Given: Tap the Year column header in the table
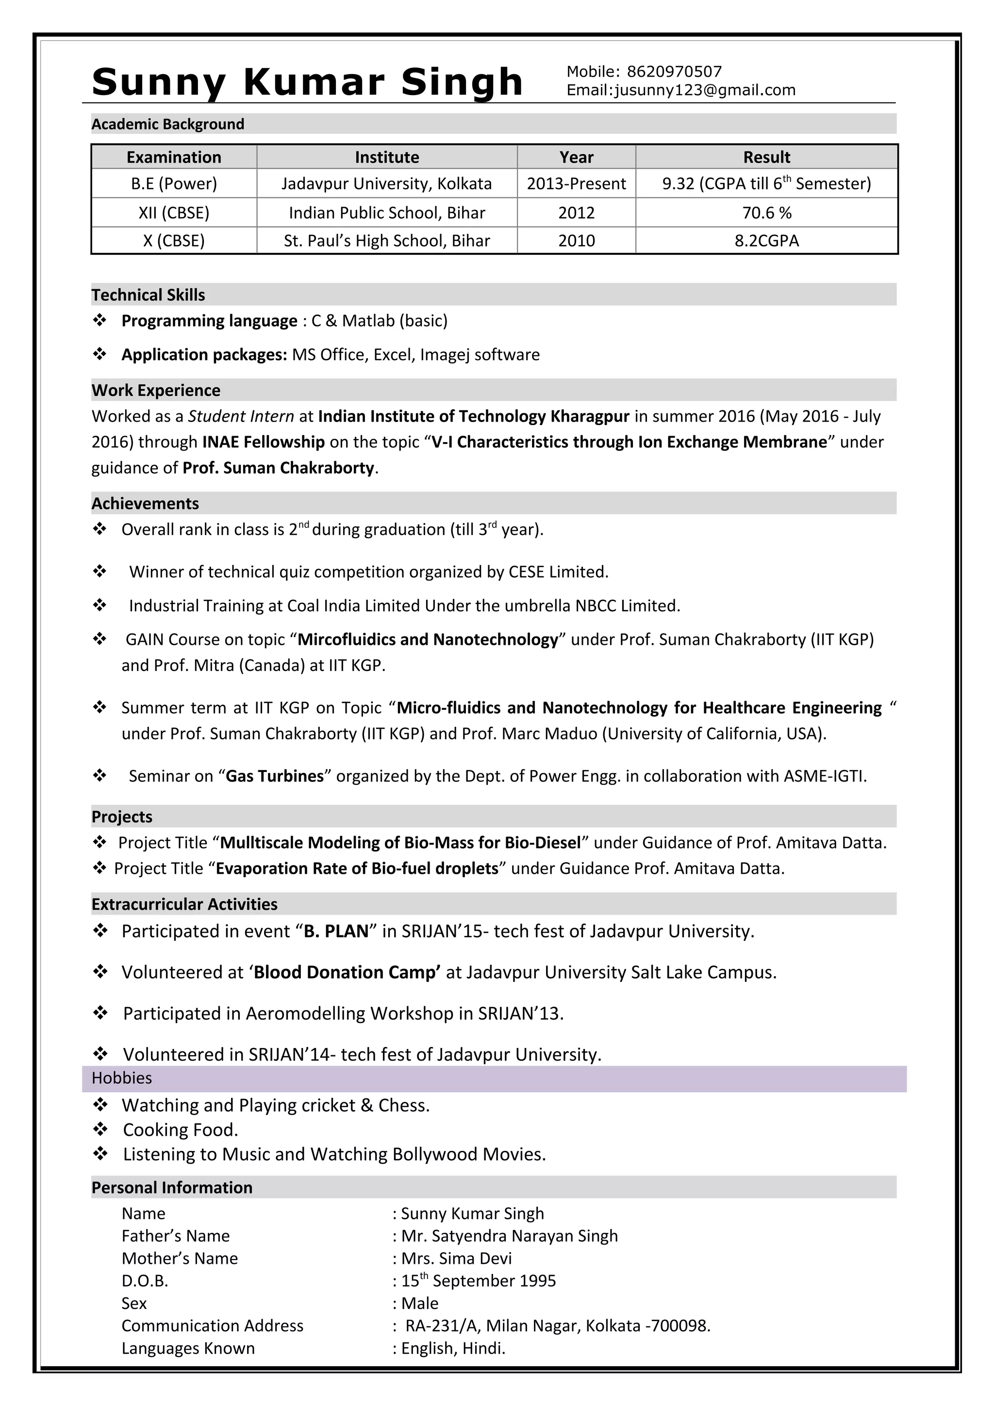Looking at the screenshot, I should coord(576,157).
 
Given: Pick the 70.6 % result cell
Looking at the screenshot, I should coord(766,213).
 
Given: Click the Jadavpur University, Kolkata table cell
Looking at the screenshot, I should coord(386,184).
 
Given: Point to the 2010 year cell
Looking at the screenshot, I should coord(576,241).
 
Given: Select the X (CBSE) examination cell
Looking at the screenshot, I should coord(173,241).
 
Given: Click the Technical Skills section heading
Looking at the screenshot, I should coord(148,295).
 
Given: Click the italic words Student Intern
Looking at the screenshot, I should coord(241,416).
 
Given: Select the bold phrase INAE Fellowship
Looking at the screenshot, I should coord(264,442).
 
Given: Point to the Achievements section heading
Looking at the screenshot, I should coord(145,504).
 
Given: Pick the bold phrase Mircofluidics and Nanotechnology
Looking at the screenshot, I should coord(428,640).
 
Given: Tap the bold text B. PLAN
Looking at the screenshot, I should coord(335,932).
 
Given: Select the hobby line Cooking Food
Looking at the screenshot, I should coord(180,1130).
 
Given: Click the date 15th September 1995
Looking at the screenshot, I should coord(479,1281).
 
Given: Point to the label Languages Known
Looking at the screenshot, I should coord(187,1348).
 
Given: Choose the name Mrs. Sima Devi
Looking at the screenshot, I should coord(456,1259).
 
